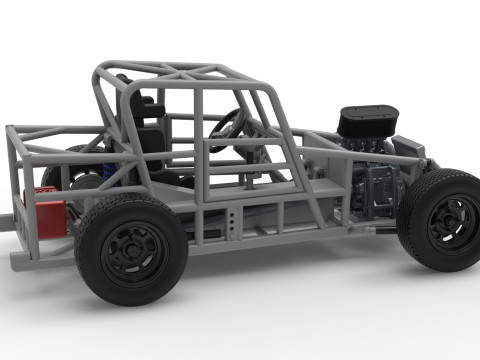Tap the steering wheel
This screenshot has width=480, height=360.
pos(228,128)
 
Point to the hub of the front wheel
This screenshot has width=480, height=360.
pos(452,222)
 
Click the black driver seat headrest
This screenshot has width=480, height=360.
pos(149,105)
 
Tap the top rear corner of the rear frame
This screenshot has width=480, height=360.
pos(12,130)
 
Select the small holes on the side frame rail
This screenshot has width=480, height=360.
pos(232,221)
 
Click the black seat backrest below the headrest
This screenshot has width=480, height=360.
pos(152,140)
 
